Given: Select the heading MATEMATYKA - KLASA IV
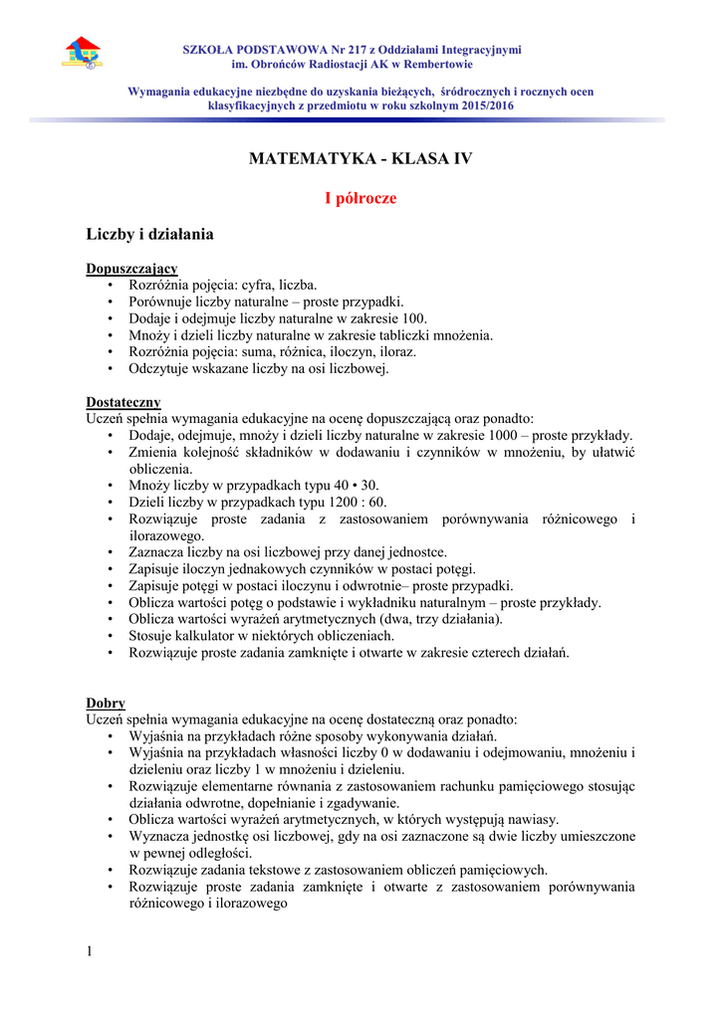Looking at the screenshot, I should (x=361, y=158).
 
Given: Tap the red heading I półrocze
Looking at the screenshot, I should (x=361, y=198).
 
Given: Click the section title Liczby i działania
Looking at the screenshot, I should (x=149, y=235).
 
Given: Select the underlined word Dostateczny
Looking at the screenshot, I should (x=123, y=402).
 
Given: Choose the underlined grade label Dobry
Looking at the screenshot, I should (x=106, y=703).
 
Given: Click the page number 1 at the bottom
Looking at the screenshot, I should (x=90, y=951).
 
